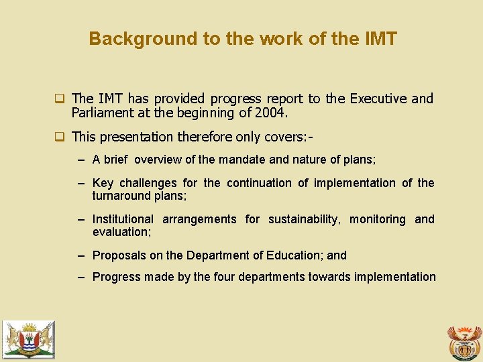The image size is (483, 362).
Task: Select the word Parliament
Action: tap(101, 113)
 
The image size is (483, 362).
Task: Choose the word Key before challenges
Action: tap(103, 183)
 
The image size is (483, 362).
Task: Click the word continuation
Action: tap(264, 183)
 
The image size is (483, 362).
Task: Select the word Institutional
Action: tap(123, 219)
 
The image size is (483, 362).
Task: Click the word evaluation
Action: tap(121, 232)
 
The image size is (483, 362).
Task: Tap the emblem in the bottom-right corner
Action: tap(464, 342)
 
